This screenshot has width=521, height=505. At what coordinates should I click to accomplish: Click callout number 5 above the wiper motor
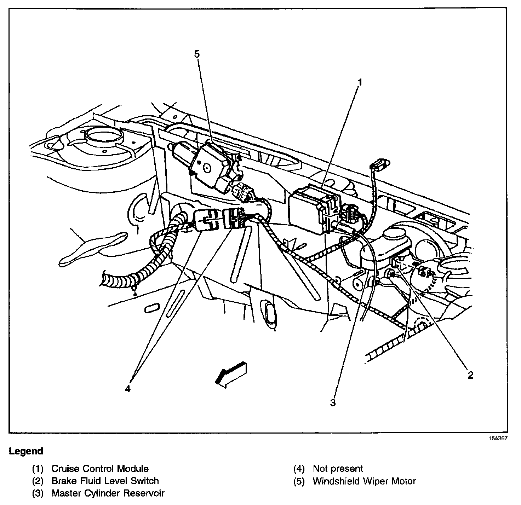click(197, 54)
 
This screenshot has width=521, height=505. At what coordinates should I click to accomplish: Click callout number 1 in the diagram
click(360, 82)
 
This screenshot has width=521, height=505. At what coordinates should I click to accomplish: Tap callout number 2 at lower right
click(470, 375)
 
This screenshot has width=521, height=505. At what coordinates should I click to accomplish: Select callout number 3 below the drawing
click(333, 402)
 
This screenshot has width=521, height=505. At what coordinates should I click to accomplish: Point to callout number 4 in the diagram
click(128, 389)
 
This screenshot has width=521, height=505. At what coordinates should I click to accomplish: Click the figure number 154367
click(498, 438)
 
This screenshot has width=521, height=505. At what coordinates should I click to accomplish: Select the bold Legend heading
click(26, 451)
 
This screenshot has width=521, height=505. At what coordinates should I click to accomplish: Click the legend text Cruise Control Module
click(100, 469)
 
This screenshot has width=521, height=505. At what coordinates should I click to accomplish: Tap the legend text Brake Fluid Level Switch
click(105, 481)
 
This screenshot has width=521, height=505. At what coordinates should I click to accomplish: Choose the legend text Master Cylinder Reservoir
click(108, 493)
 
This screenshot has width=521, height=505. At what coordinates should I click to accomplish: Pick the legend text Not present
click(338, 469)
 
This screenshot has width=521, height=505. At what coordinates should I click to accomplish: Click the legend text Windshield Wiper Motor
click(364, 481)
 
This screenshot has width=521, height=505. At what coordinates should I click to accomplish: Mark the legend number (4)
click(299, 469)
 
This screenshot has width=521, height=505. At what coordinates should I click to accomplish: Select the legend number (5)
click(299, 481)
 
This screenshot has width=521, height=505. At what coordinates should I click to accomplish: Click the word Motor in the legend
click(403, 481)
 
